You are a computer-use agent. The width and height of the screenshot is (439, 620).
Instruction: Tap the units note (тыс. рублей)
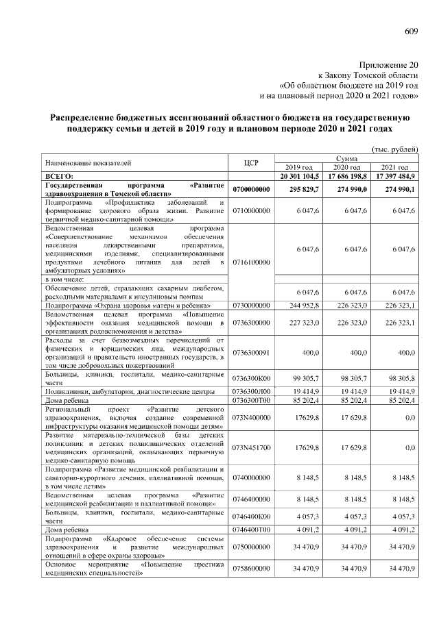click(394, 149)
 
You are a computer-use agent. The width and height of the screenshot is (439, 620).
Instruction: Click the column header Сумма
click(346, 158)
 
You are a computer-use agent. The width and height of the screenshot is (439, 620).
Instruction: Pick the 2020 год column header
click(346, 168)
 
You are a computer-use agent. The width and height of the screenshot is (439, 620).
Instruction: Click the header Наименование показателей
click(87, 163)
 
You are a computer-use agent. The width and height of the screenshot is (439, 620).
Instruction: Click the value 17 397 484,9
click(392, 176)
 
